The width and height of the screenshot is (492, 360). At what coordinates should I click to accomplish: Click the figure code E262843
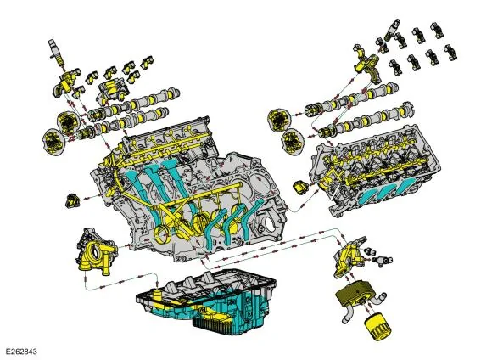click(21, 351)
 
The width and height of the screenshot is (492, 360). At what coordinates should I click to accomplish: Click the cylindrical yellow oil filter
click(378, 329)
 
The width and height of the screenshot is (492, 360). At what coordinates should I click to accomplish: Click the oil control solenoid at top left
click(55, 52)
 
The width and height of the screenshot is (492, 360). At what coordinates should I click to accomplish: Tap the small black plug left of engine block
click(72, 200)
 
